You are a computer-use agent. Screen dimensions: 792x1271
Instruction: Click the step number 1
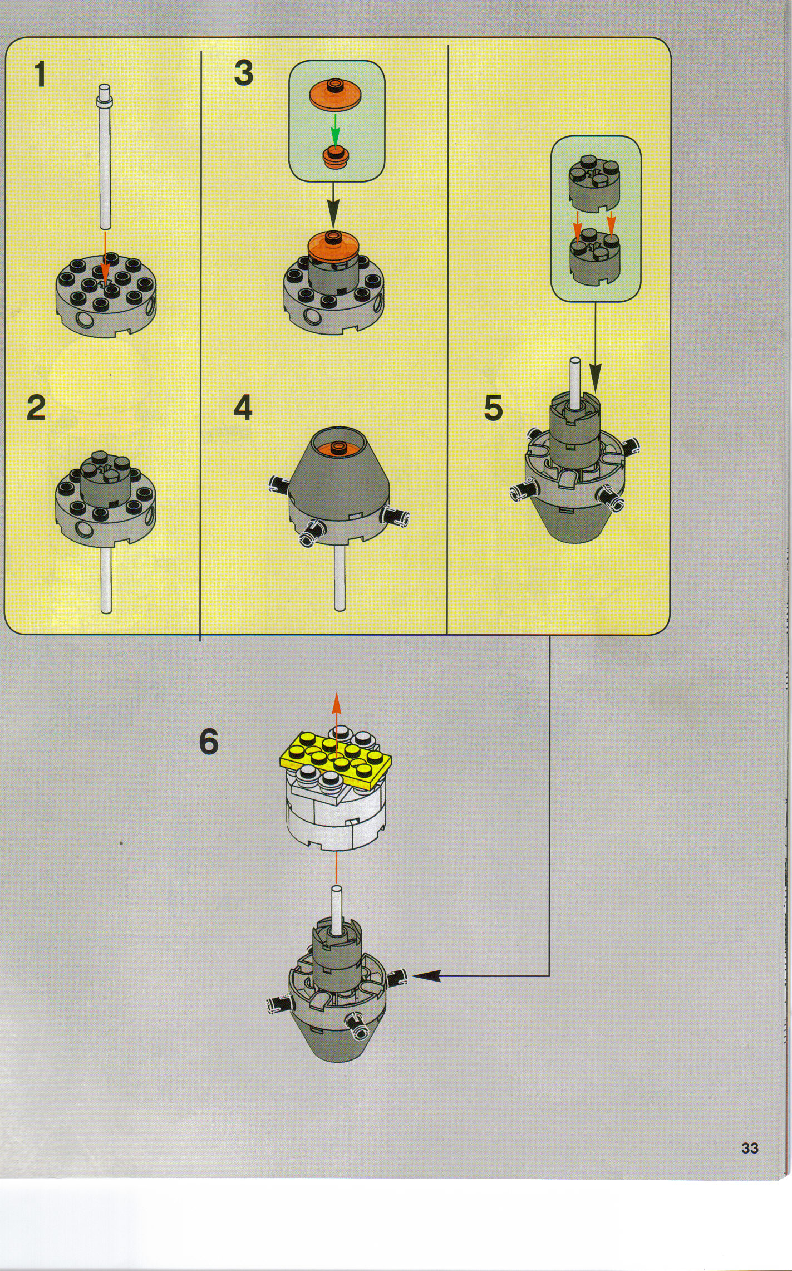pos(40,75)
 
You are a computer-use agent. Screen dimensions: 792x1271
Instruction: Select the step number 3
pos(243,73)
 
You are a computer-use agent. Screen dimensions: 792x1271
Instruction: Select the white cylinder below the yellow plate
pos(336,824)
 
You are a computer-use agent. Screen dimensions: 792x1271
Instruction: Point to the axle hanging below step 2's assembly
pos(106,582)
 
